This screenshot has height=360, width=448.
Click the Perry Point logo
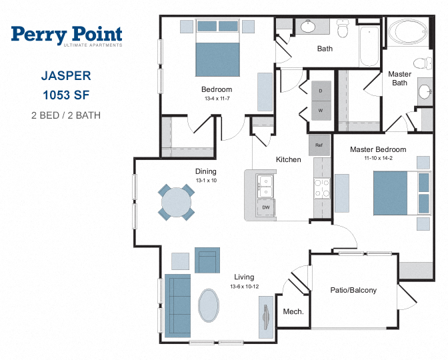coord(67,36)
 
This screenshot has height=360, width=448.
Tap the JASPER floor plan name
coord(66,76)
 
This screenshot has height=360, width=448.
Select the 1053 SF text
coord(66,95)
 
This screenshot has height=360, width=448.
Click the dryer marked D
coord(321,91)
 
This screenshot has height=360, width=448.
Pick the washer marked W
coord(321,111)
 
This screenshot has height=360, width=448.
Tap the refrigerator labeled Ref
coord(319,145)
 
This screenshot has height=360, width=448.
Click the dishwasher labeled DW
coord(266,208)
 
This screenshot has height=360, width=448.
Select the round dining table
coord(176,202)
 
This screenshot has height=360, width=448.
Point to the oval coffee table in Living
coord(209,305)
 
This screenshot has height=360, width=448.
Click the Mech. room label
coord(293,311)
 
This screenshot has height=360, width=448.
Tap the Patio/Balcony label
coord(353,290)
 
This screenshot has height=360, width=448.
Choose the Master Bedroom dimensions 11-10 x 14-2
coord(378,158)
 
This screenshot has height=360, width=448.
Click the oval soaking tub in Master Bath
coord(408,32)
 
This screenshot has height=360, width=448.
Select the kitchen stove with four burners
coord(322,188)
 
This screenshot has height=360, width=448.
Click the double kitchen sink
coord(265,186)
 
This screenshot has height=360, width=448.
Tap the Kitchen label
coord(288,159)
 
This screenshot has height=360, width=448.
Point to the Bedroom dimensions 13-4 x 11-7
coord(217,99)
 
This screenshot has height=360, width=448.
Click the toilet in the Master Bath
coord(423,63)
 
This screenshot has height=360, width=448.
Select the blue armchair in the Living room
coord(207,260)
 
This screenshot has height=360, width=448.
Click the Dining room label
coord(206,171)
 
